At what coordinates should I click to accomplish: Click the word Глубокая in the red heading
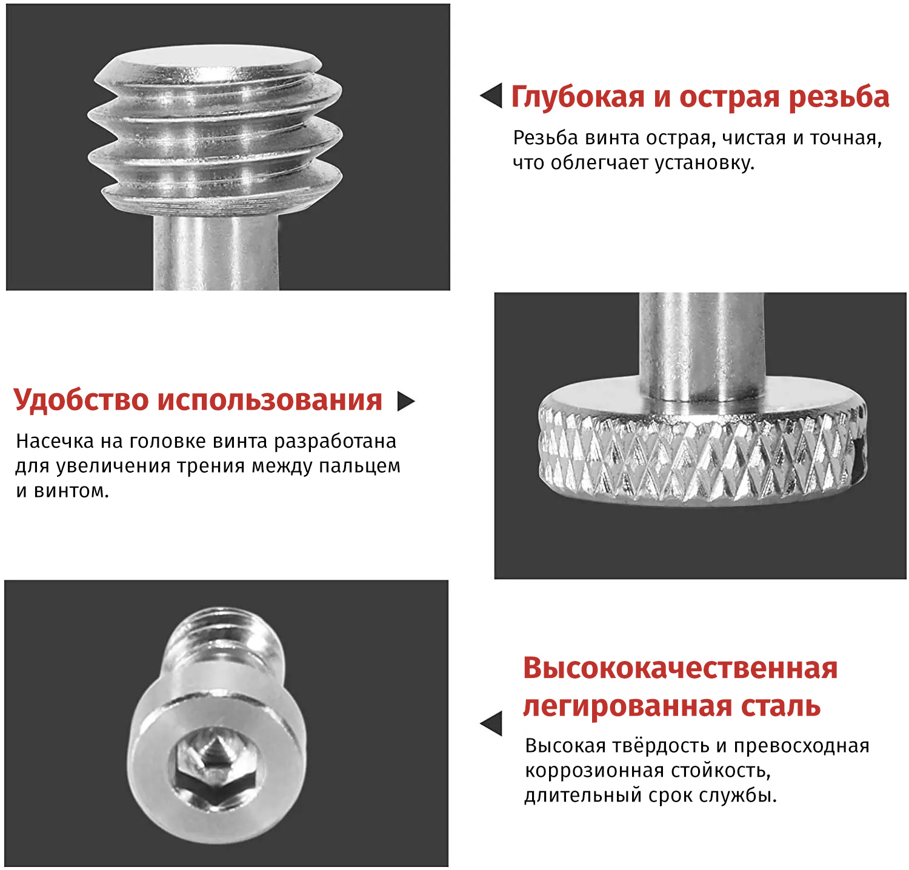point(578,98)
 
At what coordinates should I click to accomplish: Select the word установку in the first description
point(704,163)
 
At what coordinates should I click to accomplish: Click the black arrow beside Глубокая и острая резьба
point(491,96)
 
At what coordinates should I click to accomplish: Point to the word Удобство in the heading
point(81,400)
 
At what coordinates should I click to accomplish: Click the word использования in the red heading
point(270,400)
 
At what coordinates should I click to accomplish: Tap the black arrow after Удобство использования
point(405,401)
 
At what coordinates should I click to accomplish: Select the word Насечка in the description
point(55,441)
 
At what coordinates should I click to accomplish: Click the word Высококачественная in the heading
point(681,668)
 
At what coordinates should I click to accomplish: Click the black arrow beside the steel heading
point(491,723)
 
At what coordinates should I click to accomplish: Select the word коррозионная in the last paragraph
point(584,771)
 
